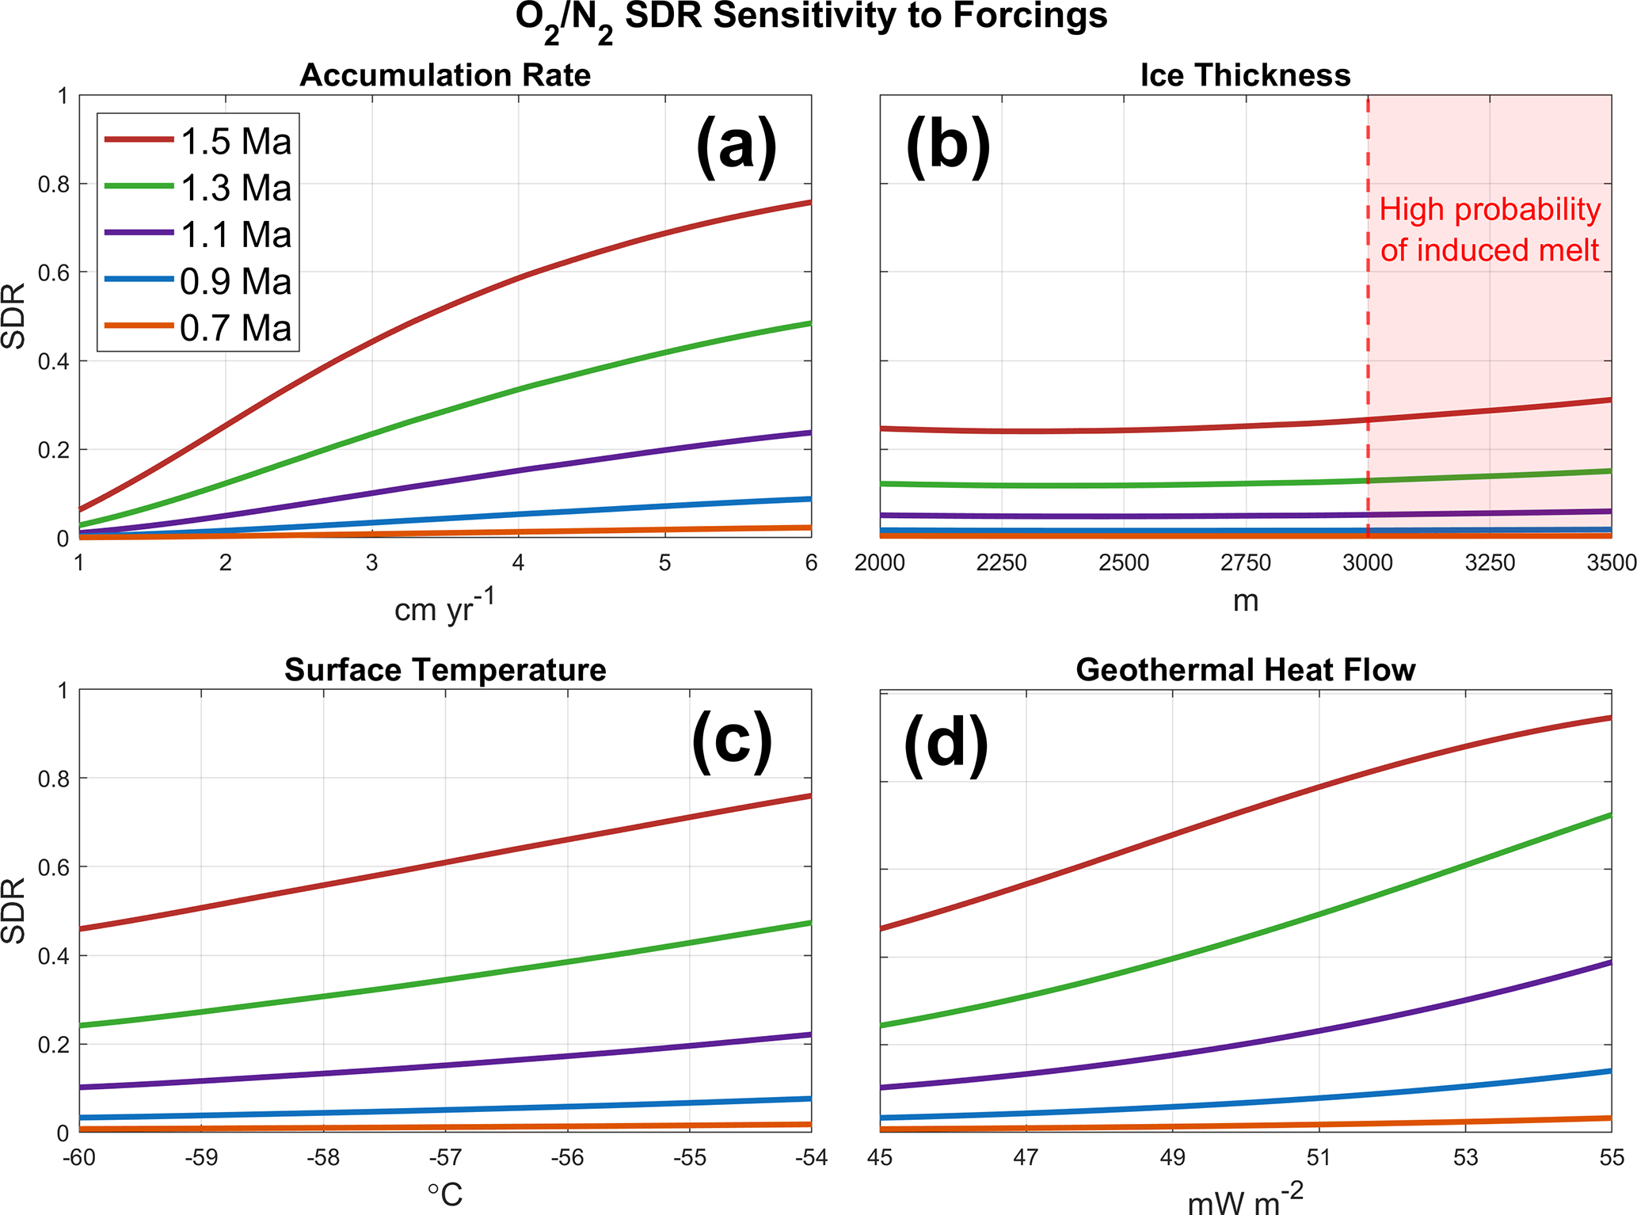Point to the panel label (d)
click(946, 743)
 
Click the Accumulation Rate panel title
click(445, 75)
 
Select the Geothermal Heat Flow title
click(1245, 670)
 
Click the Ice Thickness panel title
click(1245, 75)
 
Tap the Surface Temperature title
click(445, 670)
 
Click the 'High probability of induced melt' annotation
click(1490, 230)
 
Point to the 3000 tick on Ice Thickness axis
click(1368, 563)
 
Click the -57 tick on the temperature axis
click(445, 1158)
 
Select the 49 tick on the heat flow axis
click(1172, 1158)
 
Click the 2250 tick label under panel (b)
click(1002, 563)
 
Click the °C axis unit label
click(445, 1194)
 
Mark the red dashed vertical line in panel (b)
click(1368, 317)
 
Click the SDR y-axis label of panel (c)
click(14, 911)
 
